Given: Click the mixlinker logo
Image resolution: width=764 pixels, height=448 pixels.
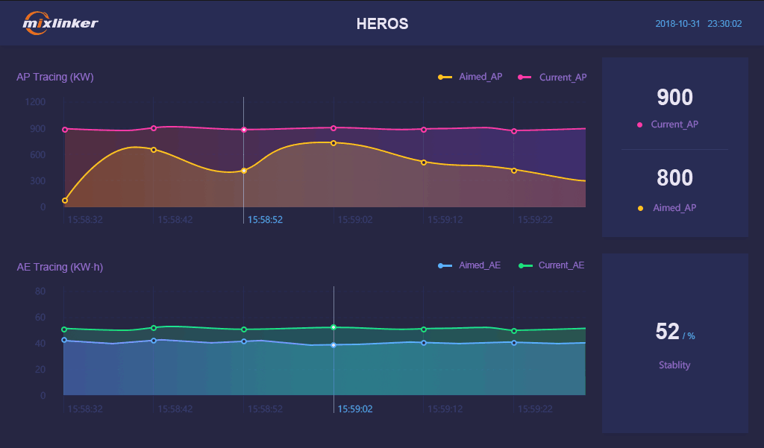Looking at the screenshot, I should [60, 23].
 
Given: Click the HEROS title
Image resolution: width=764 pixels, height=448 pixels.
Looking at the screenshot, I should [382, 24].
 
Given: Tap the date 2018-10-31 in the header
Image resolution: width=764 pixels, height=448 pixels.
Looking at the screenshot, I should [677, 24].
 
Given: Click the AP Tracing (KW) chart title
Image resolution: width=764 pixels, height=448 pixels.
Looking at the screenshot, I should [55, 77].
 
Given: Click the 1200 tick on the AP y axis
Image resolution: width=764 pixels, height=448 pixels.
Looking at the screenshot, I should [35, 101].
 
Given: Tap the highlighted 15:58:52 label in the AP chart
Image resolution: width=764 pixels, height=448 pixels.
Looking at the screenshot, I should [265, 220].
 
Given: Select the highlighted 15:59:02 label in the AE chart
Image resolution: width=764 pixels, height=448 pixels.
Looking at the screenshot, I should [355, 408].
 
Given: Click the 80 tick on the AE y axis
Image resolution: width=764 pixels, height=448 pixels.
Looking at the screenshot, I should [40, 291].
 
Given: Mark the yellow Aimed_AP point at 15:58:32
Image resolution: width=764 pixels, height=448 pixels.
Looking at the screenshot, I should [65, 201].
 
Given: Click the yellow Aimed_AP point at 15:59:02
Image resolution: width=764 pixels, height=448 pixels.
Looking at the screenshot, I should [334, 142].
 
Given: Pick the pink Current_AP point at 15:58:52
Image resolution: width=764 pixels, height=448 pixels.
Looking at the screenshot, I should [243, 130].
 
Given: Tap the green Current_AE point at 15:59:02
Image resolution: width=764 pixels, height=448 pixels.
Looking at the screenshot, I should [334, 327].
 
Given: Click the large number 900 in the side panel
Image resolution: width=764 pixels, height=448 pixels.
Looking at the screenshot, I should [674, 98].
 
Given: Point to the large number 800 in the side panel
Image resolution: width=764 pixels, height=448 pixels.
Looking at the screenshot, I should [674, 178].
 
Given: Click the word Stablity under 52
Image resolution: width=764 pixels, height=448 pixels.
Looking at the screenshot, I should [674, 365].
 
